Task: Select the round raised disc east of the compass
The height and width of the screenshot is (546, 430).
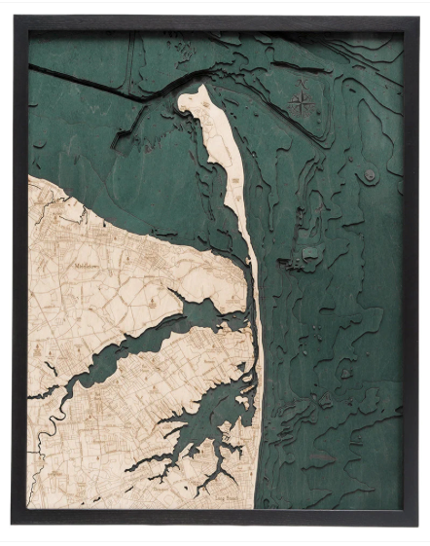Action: [371, 175]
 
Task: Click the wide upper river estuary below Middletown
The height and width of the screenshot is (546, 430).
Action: [195, 316]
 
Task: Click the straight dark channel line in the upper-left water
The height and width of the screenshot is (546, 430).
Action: [78, 82]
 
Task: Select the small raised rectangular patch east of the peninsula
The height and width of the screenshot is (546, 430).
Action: [309, 252]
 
